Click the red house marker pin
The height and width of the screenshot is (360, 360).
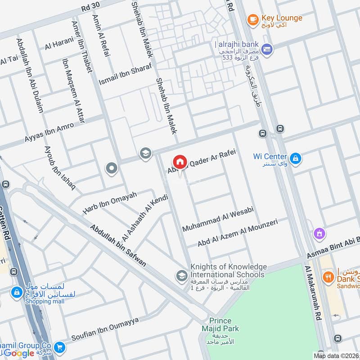click(180, 162)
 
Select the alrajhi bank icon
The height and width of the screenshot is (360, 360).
click(267, 49)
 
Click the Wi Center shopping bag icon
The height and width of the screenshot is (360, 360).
click(296, 158)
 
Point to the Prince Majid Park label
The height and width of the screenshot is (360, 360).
click(220, 325)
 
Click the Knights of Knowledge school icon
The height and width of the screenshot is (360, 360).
click(182, 275)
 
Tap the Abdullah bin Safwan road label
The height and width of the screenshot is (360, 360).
click(118, 245)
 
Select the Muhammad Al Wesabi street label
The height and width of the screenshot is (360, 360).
click(218, 220)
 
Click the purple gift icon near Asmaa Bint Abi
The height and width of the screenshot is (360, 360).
click(319, 234)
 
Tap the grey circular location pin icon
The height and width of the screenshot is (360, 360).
click(111, 169)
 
